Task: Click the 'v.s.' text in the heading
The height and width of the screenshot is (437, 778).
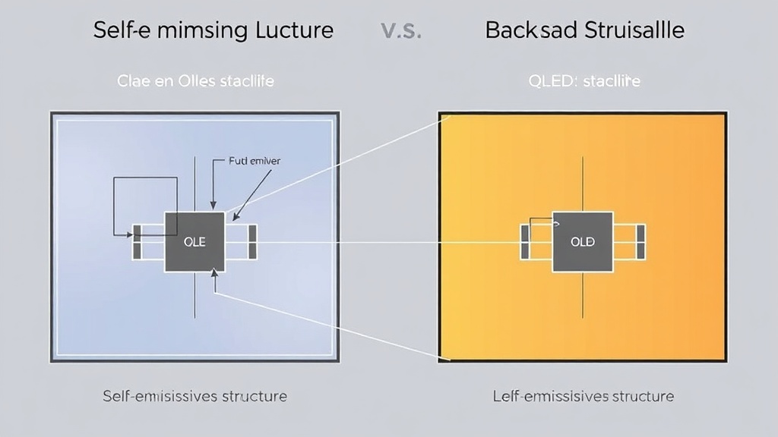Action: click(x=400, y=31)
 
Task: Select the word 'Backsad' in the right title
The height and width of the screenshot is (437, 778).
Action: click(x=532, y=30)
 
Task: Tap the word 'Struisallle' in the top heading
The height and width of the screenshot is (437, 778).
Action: click(x=635, y=30)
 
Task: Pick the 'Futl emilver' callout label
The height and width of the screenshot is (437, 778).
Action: click(x=254, y=161)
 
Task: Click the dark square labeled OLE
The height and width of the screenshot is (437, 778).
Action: click(x=194, y=242)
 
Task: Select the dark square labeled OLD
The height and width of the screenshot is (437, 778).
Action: click(x=583, y=242)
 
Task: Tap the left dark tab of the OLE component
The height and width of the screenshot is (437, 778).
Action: click(x=138, y=242)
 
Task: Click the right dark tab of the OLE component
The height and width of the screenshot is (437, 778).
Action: click(x=252, y=242)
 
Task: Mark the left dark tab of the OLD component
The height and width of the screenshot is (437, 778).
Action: click(x=524, y=242)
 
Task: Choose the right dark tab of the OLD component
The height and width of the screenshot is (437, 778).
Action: click(x=640, y=242)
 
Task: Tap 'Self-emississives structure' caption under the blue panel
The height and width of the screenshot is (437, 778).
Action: click(x=195, y=396)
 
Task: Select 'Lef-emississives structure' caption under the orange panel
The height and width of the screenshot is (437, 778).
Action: click(x=583, y=396)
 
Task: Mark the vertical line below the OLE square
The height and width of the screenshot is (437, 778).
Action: click(x=194, y=295)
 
